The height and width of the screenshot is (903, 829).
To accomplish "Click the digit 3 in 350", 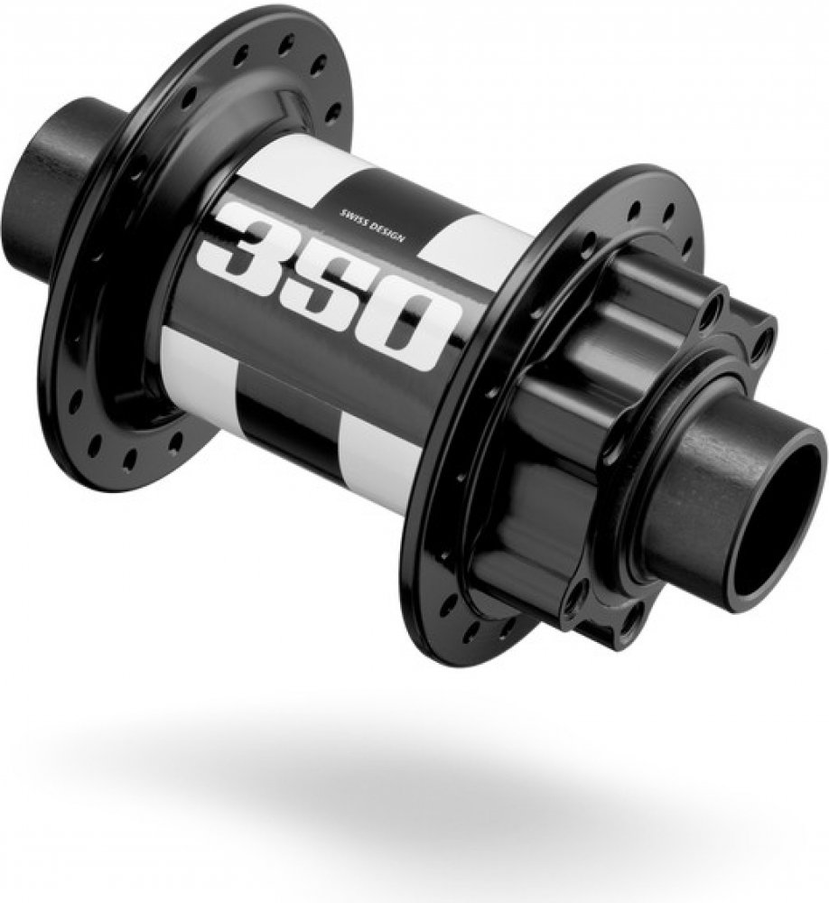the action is coord(242,242).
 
